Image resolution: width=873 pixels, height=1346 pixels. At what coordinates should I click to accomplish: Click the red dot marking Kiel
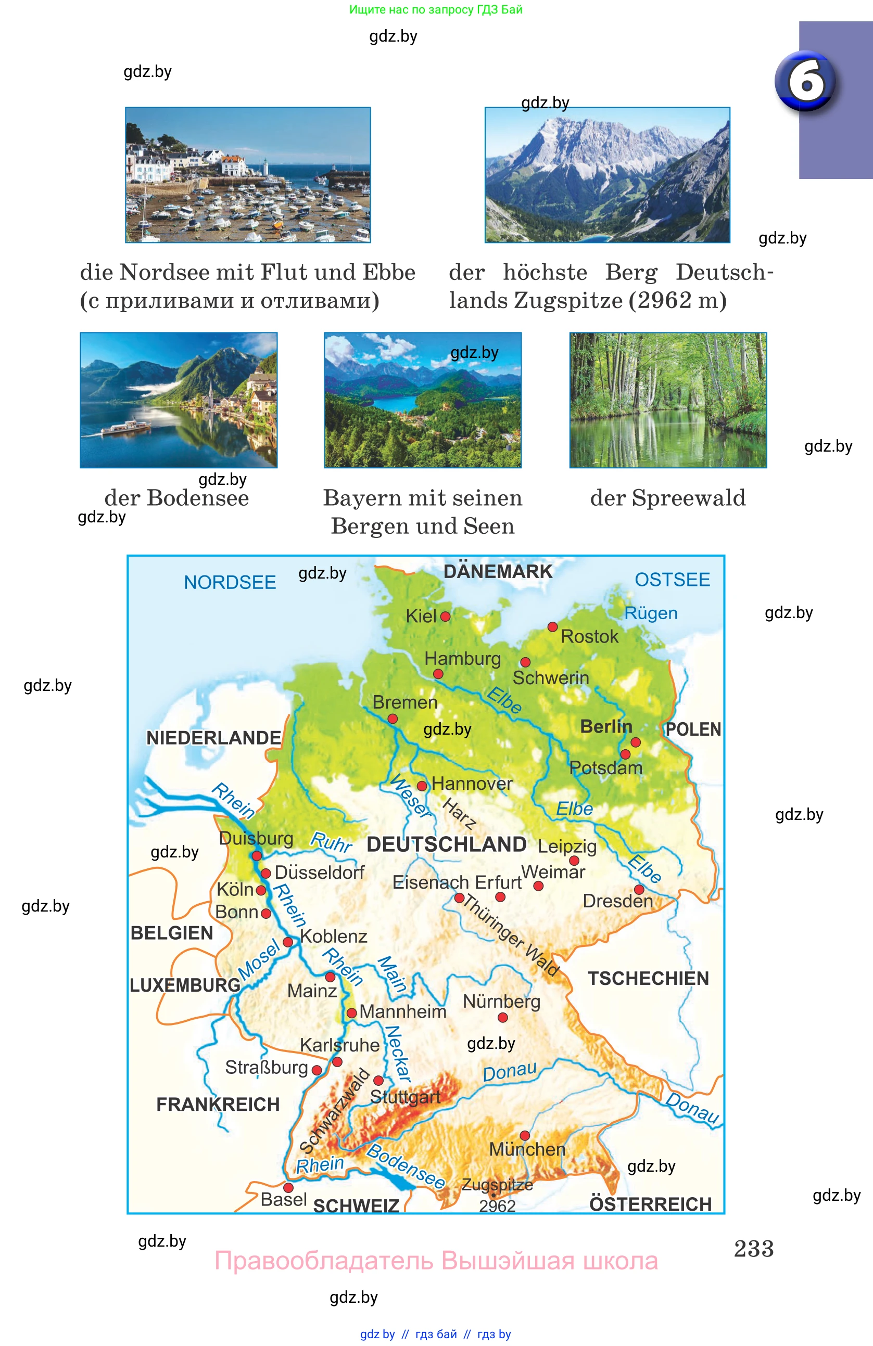(445, 617)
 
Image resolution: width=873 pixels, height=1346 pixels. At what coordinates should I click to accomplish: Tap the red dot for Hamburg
(438, 674)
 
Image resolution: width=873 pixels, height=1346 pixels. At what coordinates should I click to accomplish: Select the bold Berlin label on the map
(605, 726)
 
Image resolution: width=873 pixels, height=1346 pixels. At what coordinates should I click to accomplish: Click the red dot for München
(525, 1135)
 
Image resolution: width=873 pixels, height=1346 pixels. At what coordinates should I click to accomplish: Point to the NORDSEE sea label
(230, 582)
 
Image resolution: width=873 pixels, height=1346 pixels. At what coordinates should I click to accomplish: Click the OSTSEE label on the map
(672, 579)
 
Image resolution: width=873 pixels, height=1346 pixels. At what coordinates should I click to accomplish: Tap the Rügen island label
(651, 613)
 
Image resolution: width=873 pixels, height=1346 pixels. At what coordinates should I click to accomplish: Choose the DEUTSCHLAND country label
(447, 844)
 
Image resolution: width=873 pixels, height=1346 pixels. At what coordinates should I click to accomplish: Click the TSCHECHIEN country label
(648, 978)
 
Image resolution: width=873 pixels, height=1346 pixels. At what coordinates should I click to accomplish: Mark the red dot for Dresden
(639, 889)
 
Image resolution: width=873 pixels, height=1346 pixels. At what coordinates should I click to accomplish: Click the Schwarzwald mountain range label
(334, 1111)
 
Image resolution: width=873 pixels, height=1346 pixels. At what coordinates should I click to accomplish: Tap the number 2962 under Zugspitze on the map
(497, 1206)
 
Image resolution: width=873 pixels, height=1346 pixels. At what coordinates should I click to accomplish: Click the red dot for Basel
(288, 1187)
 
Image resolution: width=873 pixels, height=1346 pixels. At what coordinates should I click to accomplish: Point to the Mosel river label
(259, 959)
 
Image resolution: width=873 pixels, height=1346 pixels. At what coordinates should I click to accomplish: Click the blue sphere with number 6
(806, 81)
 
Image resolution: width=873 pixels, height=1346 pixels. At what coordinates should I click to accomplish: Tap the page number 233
(753, 1248)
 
